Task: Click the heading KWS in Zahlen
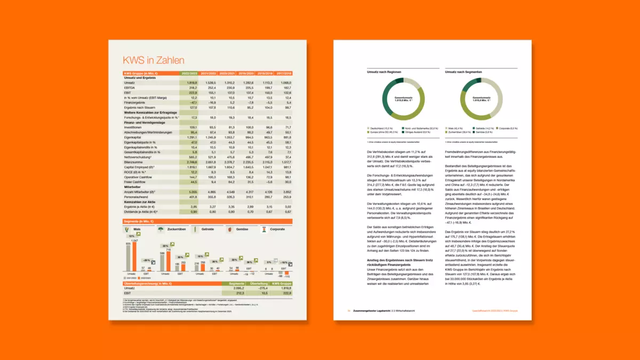coord(154,60)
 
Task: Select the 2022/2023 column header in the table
coord(190,73)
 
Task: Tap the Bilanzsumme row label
coord(134,161)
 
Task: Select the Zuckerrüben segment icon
coord(161,229)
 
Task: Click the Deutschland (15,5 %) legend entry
coord(381,128)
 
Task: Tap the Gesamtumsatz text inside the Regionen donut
coord(404,98)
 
